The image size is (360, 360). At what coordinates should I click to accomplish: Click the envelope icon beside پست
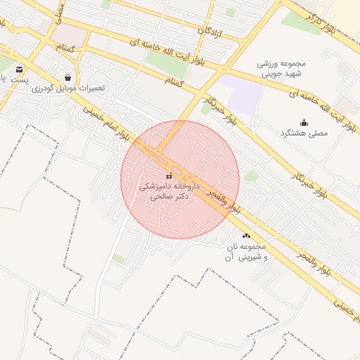pos(19,69)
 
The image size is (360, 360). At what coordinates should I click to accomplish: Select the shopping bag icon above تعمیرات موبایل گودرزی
pos(67,77)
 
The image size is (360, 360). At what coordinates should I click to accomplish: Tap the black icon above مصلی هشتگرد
pos(304,122)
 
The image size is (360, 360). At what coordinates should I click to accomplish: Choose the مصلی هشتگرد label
pos(304,133)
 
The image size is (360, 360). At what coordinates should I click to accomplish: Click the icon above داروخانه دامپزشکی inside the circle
pos(169,175)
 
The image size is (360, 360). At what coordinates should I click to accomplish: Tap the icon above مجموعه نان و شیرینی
pos(246,236)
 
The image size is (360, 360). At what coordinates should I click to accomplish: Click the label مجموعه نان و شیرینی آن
pos(243,252)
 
